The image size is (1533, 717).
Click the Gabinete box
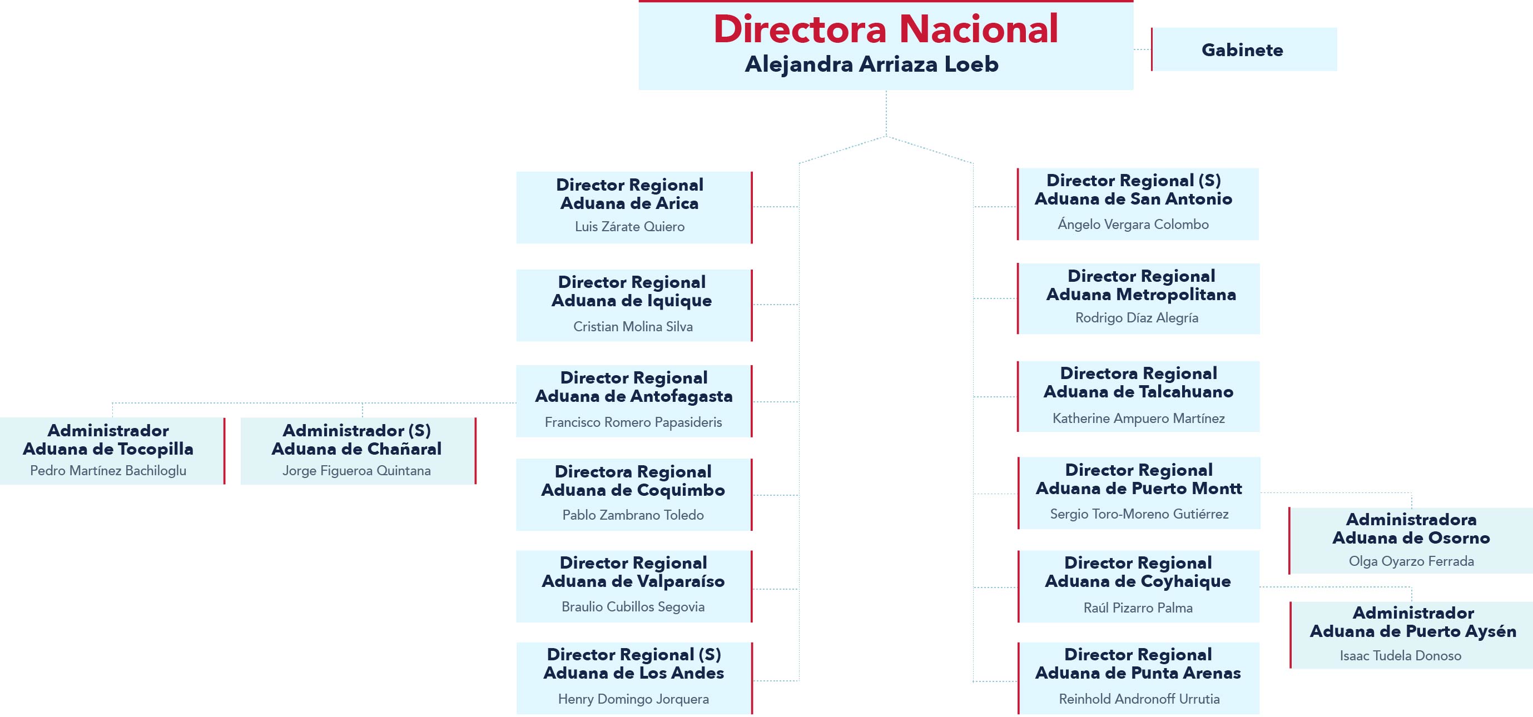click(1244, 49)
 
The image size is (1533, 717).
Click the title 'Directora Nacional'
click(886, 28)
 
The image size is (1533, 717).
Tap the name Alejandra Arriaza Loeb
click(872, 64)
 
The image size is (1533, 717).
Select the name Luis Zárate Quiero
click(629, 227)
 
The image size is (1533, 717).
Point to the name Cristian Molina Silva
click(633, 327)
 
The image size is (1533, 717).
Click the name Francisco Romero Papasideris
click(633, 422)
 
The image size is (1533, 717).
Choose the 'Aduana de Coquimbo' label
click(633, 490)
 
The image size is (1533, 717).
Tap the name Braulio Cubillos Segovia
click(633, 607)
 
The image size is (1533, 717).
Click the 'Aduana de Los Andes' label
click(634, 673)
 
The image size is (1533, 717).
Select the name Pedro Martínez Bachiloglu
click(108, 471)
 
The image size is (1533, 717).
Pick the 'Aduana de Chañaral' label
click(356, 449)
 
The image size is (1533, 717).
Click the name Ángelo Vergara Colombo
click(1133, 225)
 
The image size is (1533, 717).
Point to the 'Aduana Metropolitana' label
click(1142, 295)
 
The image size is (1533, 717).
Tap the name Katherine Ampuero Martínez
click(1138, 419)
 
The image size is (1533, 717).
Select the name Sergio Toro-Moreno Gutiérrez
click(1139, 514)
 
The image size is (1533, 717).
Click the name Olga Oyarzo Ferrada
click(1412, 561)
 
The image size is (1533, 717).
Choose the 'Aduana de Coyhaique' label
click(1138, 581)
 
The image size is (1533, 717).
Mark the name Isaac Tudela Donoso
click(1401, 656)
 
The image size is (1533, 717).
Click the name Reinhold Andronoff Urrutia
click(1139, 699)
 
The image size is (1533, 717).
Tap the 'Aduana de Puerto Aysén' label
click(1413, 631)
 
